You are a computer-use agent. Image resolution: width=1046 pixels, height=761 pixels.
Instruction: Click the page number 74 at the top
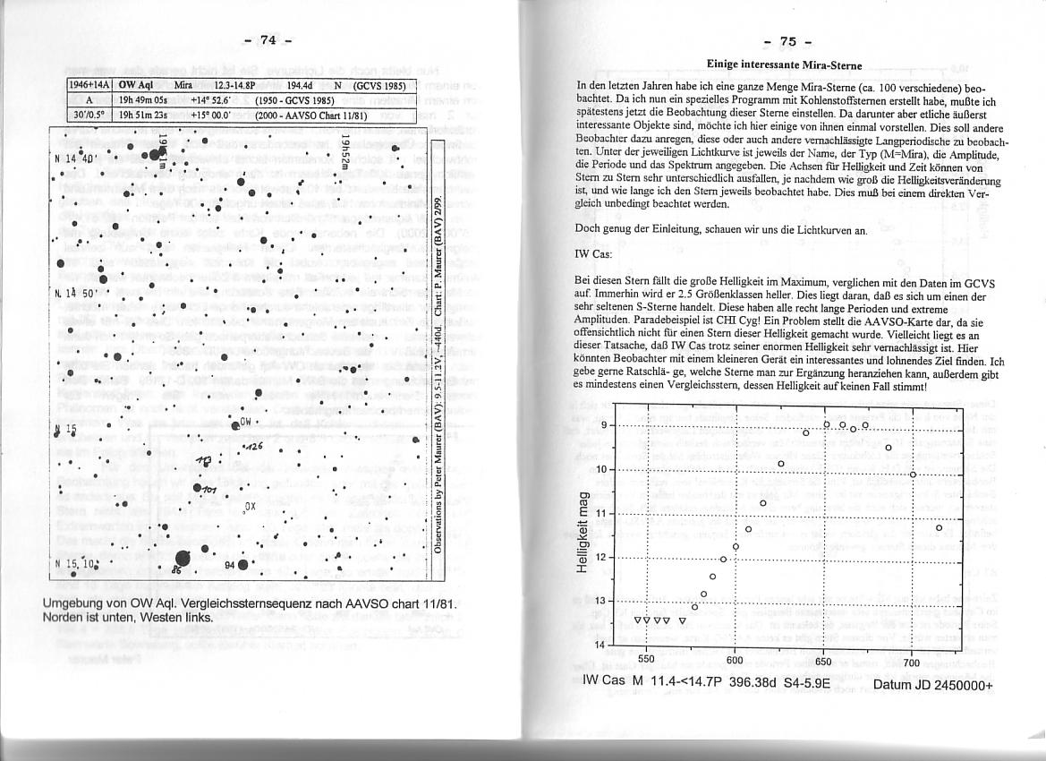click(x=268, y=39)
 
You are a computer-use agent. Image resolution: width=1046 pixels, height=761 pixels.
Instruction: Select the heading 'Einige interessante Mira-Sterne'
click(x=783, y=64)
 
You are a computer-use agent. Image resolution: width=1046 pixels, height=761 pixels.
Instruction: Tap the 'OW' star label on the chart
click(x=247, y=422)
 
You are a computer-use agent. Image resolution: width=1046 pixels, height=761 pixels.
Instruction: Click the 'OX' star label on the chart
click(x=251, y=506)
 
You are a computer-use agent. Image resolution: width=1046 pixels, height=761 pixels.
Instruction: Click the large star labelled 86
click(x=183, y=559)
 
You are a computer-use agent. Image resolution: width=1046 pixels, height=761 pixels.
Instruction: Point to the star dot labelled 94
click(x=242, y=564)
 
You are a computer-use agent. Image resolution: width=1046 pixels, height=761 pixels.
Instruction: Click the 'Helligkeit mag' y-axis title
click(x=582, y=534)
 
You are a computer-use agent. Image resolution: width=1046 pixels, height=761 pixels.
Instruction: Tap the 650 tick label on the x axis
click(x=823, y=662)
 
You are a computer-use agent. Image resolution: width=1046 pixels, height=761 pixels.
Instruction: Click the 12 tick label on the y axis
click(x=602, y=557)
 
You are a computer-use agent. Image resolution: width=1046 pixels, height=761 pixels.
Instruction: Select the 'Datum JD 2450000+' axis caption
click(x=932, y=686)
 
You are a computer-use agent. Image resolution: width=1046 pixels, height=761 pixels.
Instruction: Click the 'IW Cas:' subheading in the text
click(x=592, y=254)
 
